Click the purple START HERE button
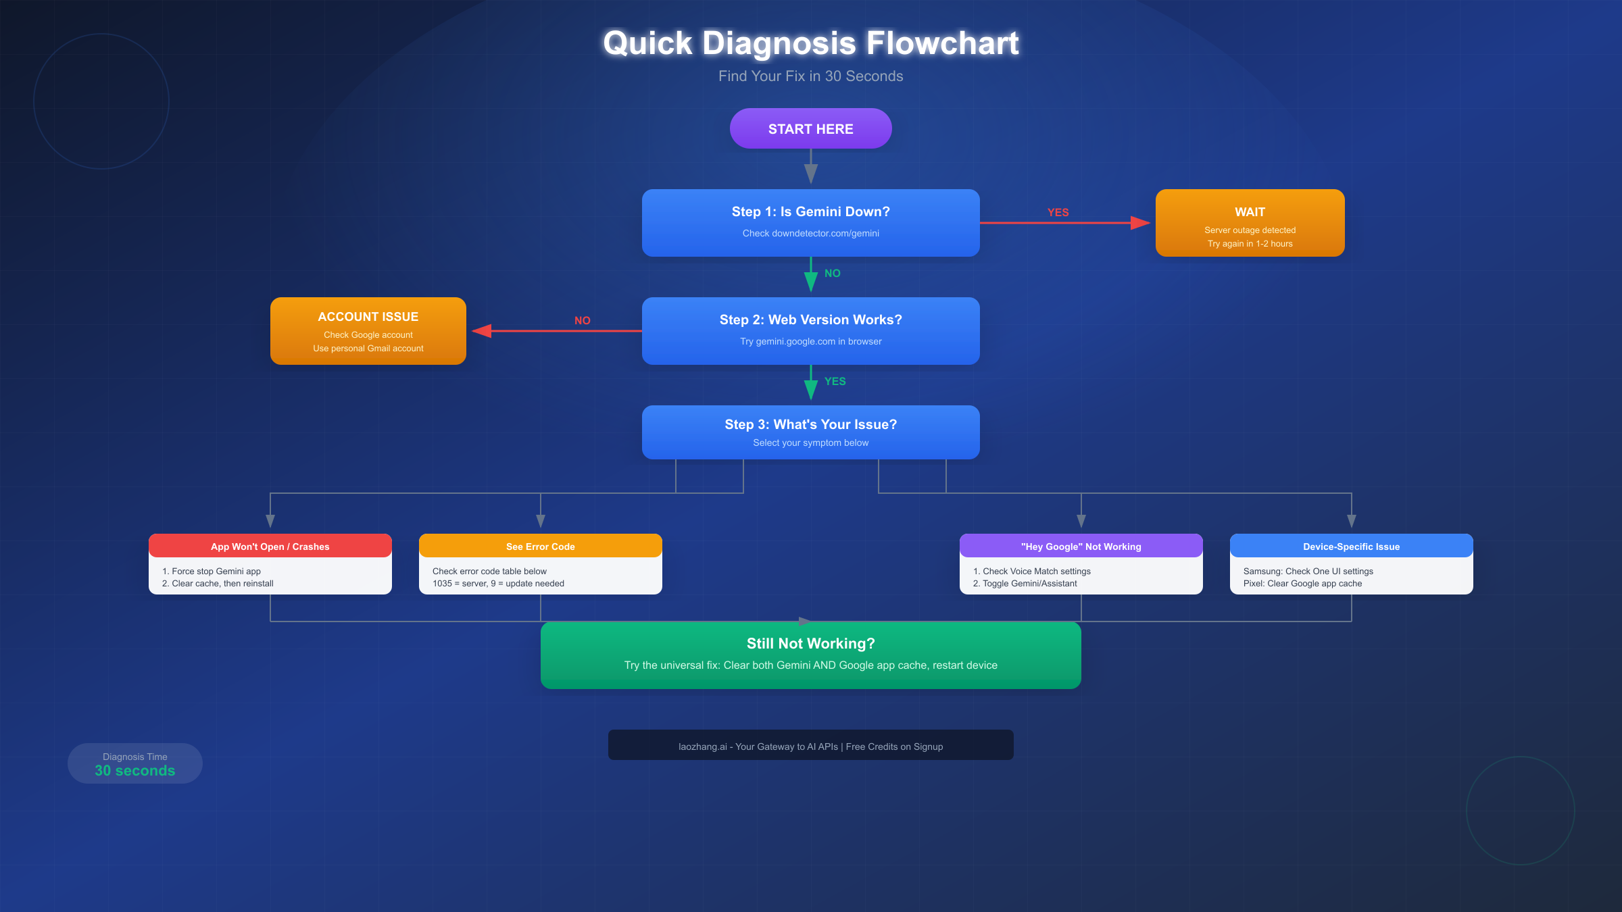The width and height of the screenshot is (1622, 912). (810, 129)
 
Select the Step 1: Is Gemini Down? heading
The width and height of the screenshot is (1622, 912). (810, 211)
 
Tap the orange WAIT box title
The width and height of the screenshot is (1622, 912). (1250, 212)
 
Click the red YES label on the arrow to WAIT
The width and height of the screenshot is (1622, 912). (1058, 212)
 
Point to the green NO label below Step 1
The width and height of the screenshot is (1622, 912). (832, 274)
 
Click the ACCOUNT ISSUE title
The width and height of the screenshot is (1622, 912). (368, 317)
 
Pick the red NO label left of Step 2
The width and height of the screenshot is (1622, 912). (582, 321)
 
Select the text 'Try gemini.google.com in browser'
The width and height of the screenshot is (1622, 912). (810, 341)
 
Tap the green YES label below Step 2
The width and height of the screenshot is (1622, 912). (835, 382)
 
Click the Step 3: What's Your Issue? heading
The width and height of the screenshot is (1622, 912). (810, 424)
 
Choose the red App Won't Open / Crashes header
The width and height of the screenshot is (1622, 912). (270, 547)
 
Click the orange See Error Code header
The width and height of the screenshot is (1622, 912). (540, 547)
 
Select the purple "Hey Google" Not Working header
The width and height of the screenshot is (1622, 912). (1081, 547)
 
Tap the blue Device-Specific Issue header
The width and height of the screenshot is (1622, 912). (1351, 547)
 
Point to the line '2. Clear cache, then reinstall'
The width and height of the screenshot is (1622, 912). (218, 584)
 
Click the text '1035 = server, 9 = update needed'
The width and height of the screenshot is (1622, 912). (498, 584)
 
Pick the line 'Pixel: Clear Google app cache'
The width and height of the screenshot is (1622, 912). (1302, 584)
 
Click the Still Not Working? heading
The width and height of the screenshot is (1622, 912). (810, 643)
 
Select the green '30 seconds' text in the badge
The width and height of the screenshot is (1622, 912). (134, 771)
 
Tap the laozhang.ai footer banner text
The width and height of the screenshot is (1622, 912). (810, 746)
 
